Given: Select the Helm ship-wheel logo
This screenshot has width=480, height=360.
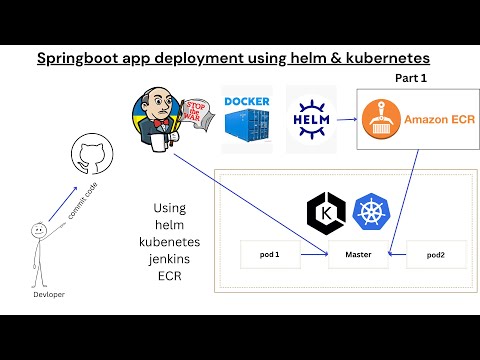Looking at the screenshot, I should [x=309, y=119].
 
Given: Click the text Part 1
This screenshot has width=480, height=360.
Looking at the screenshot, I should [x=411, y=76].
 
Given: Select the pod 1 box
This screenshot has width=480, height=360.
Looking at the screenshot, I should [x=270, y=254].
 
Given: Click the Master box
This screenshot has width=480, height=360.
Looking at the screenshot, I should [x=359, y=254].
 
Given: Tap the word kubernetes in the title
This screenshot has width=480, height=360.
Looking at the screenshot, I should [x=380, y=58].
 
